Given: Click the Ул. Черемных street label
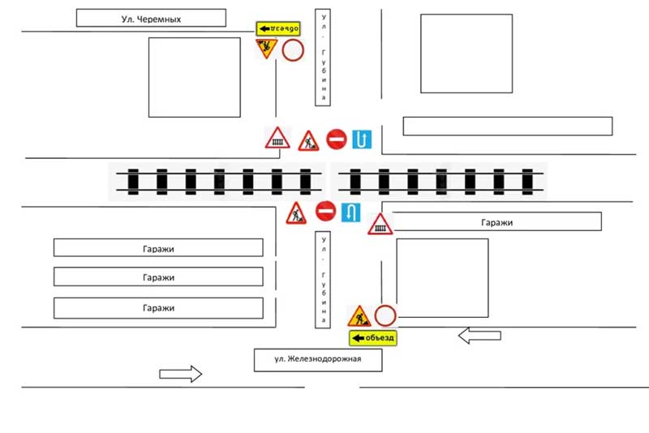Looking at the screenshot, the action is [x=151, y=19].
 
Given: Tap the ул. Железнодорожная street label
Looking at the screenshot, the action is [x=317, y=358].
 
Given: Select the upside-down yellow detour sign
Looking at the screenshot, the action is [x=278, y=28].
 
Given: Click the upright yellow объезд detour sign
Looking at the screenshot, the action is [x=373, y=338].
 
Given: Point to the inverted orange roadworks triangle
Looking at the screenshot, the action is [x=266, y=48].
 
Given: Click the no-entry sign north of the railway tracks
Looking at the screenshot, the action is [x=336, y=139].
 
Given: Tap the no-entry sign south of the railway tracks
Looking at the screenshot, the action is [x=325, y=212].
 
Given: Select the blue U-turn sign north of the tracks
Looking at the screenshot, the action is [x=362, y=139].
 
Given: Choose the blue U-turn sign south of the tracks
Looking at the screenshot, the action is [x=350, y=212].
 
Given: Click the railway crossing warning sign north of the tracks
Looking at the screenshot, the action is [x=277, y=138].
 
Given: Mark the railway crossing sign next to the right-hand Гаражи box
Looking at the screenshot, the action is [x=380, y=225].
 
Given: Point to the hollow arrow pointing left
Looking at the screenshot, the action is [x=479, y=336].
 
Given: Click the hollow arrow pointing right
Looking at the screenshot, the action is [x=180, y=374].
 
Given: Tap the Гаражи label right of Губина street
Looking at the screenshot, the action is [x=496, y=222].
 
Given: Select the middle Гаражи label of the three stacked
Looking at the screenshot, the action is [x=158, y=277].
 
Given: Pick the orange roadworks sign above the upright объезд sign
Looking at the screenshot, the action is [x=359, y=316].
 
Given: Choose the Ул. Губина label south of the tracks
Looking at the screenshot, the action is [x=323, y=280].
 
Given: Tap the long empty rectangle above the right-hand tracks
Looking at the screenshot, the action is [x=508, y=126].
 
